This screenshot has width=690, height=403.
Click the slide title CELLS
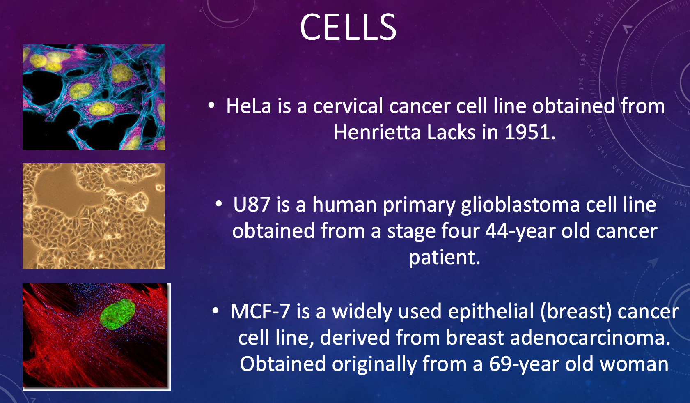[348, 27]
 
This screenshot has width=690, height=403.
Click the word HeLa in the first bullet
[249, 106]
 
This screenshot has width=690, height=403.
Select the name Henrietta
[377, 132]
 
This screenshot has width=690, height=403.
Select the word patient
[445, 258]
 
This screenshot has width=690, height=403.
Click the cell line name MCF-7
[260, 311]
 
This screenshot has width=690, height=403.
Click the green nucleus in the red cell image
[117, 314]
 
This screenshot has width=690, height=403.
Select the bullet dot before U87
[219, 204]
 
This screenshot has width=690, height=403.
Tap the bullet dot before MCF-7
[215, 311]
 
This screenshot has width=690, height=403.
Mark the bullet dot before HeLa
[211, 106]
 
